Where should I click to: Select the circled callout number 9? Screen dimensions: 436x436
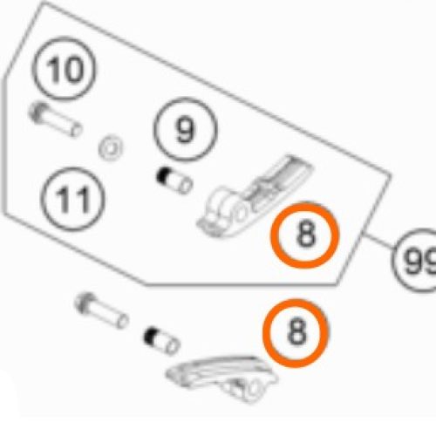pyautogui.click(x=185, y=130)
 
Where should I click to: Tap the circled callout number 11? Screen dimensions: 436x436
pyautogui.click(x=72, y=200)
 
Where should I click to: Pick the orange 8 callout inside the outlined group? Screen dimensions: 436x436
pyautogui.click(x=305, y=235)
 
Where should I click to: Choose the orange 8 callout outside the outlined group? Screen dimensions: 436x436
pyautogui.click(x=296, y=333)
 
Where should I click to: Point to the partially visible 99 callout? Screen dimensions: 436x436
pyautogui.click(x=416, y=261)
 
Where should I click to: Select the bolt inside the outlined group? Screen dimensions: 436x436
pyautogui.click(x=55, y=119)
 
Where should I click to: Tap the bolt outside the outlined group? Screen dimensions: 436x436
pyautogui.click(x=101, y=311)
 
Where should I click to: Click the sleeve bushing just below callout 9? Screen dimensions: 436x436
pyautogui.click(x=174, y=181)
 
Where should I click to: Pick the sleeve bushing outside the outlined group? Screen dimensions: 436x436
pyautogui.click(x=161, y=340)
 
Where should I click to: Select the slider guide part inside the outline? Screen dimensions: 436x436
pyautogui.click(x=254, y=195)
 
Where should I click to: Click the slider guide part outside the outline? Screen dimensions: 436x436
pyautogui.click(x=222, y=378)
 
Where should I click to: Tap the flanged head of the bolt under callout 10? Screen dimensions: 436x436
pyautogui.click(x=38, y=112)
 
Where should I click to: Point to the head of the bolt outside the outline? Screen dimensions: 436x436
pyautogui.click(x=85, y=303)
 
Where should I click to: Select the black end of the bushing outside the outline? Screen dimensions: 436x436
pyautogui.click(x=150, y=336)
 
